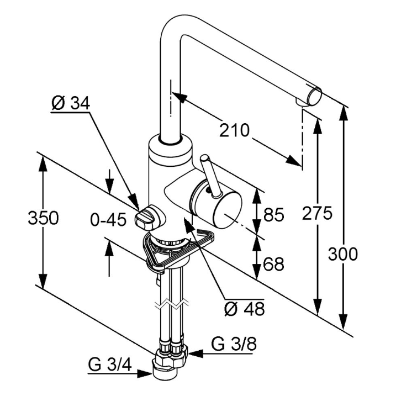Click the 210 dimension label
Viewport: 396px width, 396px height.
234,131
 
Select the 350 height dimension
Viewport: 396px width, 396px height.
43,218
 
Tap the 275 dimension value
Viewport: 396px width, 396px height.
317,213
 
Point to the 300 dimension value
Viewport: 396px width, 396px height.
343,254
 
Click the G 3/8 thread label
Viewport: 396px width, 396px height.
234,345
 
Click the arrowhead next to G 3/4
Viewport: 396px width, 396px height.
145,373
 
